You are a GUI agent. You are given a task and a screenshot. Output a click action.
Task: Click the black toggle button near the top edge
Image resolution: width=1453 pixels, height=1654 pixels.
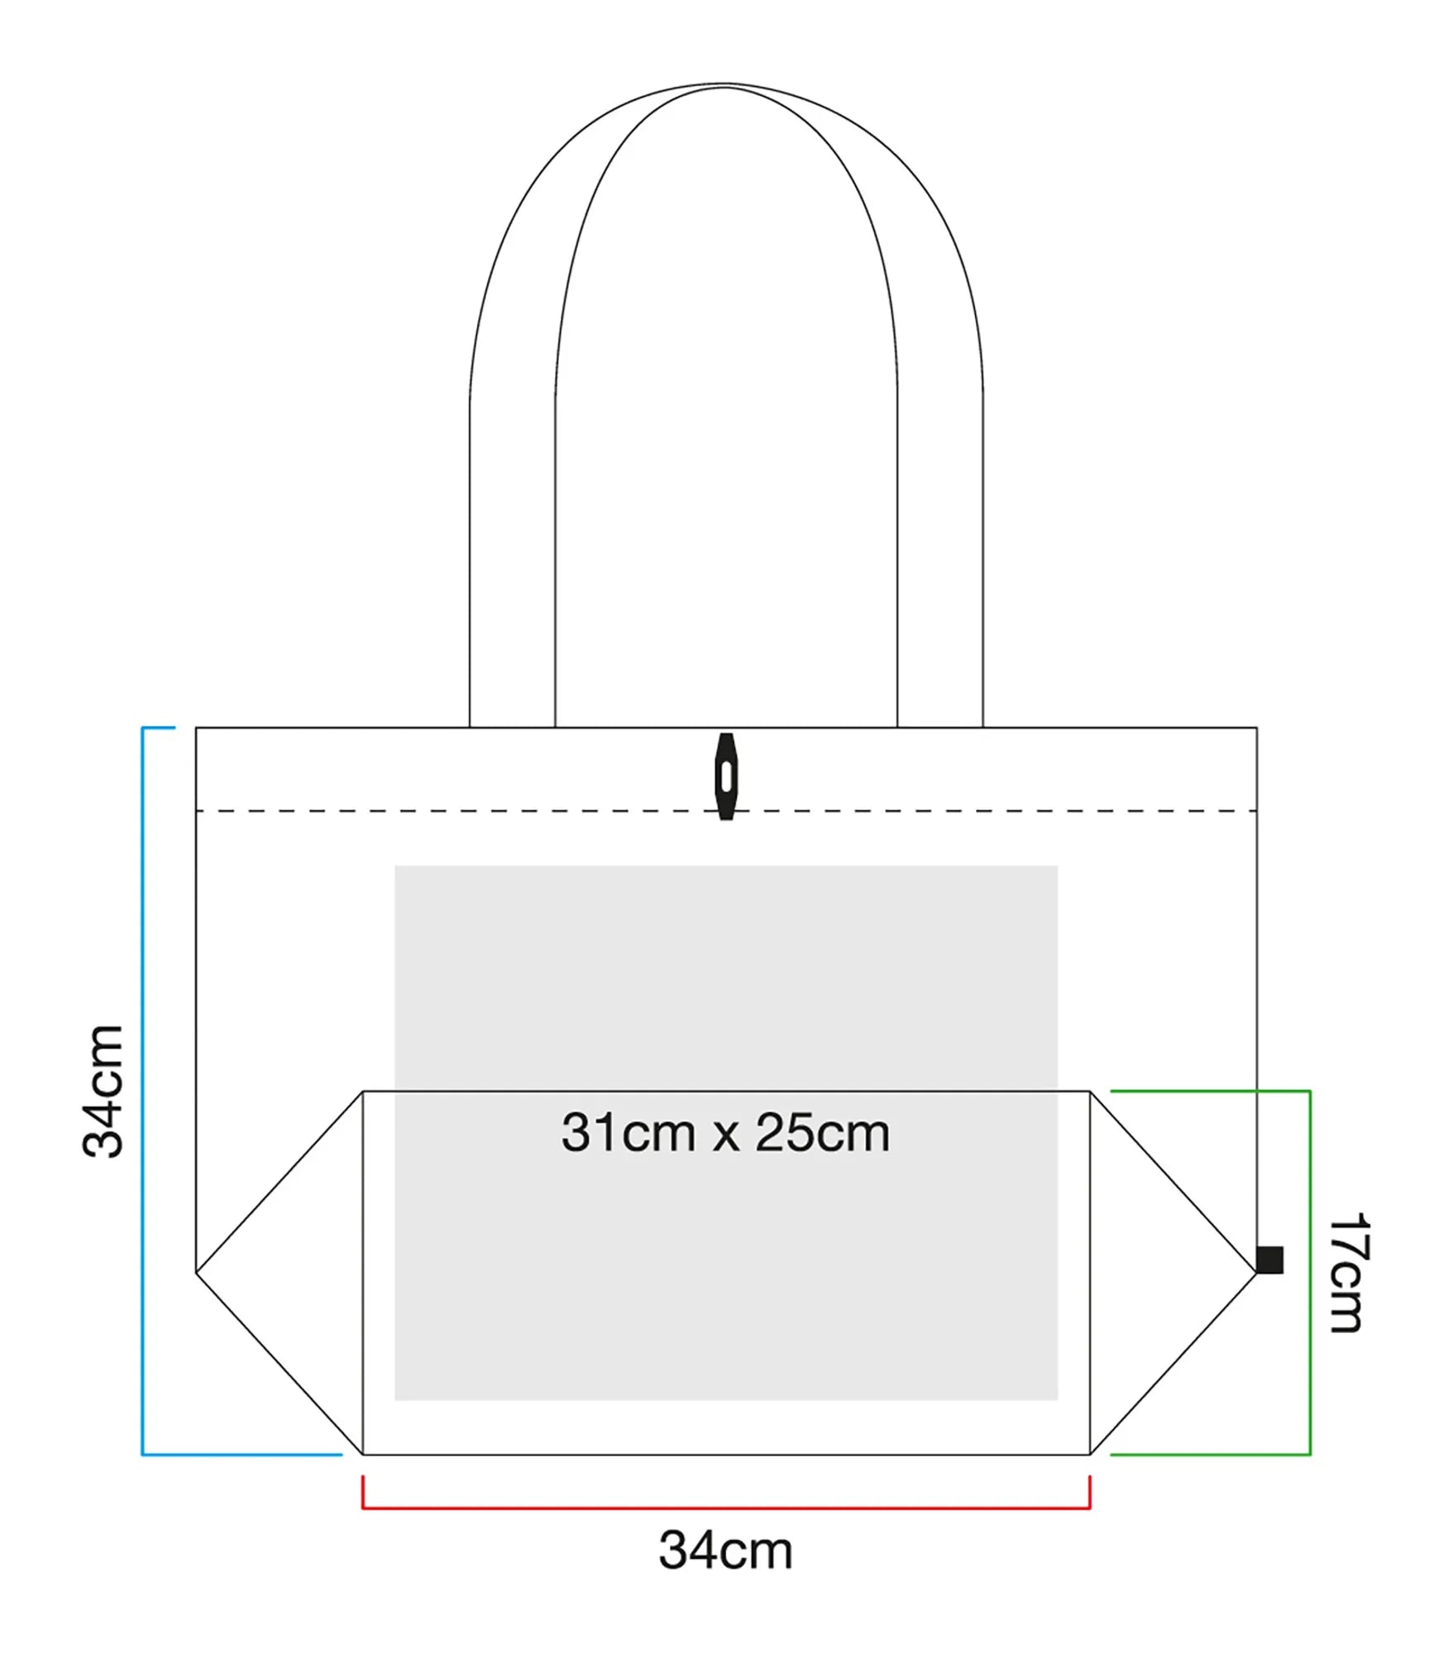click(x=726, y=777)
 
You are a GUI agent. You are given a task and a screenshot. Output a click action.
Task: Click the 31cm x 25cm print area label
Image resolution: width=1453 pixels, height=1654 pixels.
click(x=726, y=1133)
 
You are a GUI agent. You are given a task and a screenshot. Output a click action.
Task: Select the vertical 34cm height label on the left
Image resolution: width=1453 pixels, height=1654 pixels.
click(x=103, y=1091)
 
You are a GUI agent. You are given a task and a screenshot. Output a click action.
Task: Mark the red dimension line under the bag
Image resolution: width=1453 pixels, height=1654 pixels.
click(x=726, y=1508)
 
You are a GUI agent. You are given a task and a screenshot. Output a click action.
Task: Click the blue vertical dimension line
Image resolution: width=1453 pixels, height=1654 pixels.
click(x=143, y=1091)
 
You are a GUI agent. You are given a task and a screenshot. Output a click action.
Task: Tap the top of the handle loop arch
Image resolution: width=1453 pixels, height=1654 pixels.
click(x=726, y=84)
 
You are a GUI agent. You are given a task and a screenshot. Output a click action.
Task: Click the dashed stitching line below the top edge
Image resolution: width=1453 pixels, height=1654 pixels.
click(x=726, y=810)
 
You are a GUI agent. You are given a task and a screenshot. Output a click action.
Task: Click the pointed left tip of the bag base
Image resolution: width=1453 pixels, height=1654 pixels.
click(x=196, y=1272)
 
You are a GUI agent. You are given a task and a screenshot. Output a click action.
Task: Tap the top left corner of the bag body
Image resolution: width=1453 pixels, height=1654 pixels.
click(x=196, y=728)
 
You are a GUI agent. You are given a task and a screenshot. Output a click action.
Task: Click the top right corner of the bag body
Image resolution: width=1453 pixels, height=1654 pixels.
click(x=1257, y=728)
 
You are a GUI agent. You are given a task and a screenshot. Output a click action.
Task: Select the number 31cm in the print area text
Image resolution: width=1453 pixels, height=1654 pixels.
click(x=629, y=1133)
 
